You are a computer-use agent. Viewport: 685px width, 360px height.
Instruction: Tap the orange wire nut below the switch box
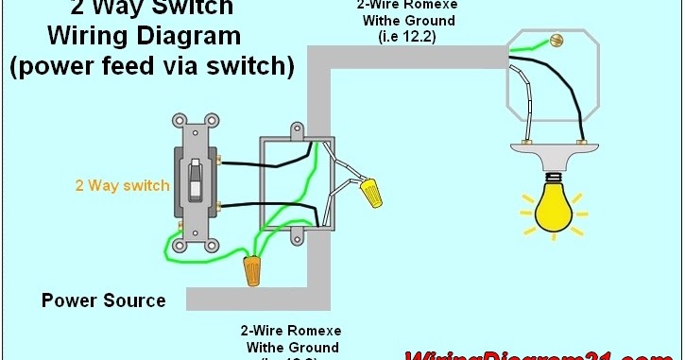pos(253,271)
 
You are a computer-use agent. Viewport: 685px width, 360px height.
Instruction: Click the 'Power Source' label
pos(103,300)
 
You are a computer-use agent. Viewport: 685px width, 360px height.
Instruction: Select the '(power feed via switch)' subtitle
pos(150,67)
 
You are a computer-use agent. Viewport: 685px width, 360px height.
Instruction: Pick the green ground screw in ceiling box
pos(557,41)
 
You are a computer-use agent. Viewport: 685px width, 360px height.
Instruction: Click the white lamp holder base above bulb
pos(552,149)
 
